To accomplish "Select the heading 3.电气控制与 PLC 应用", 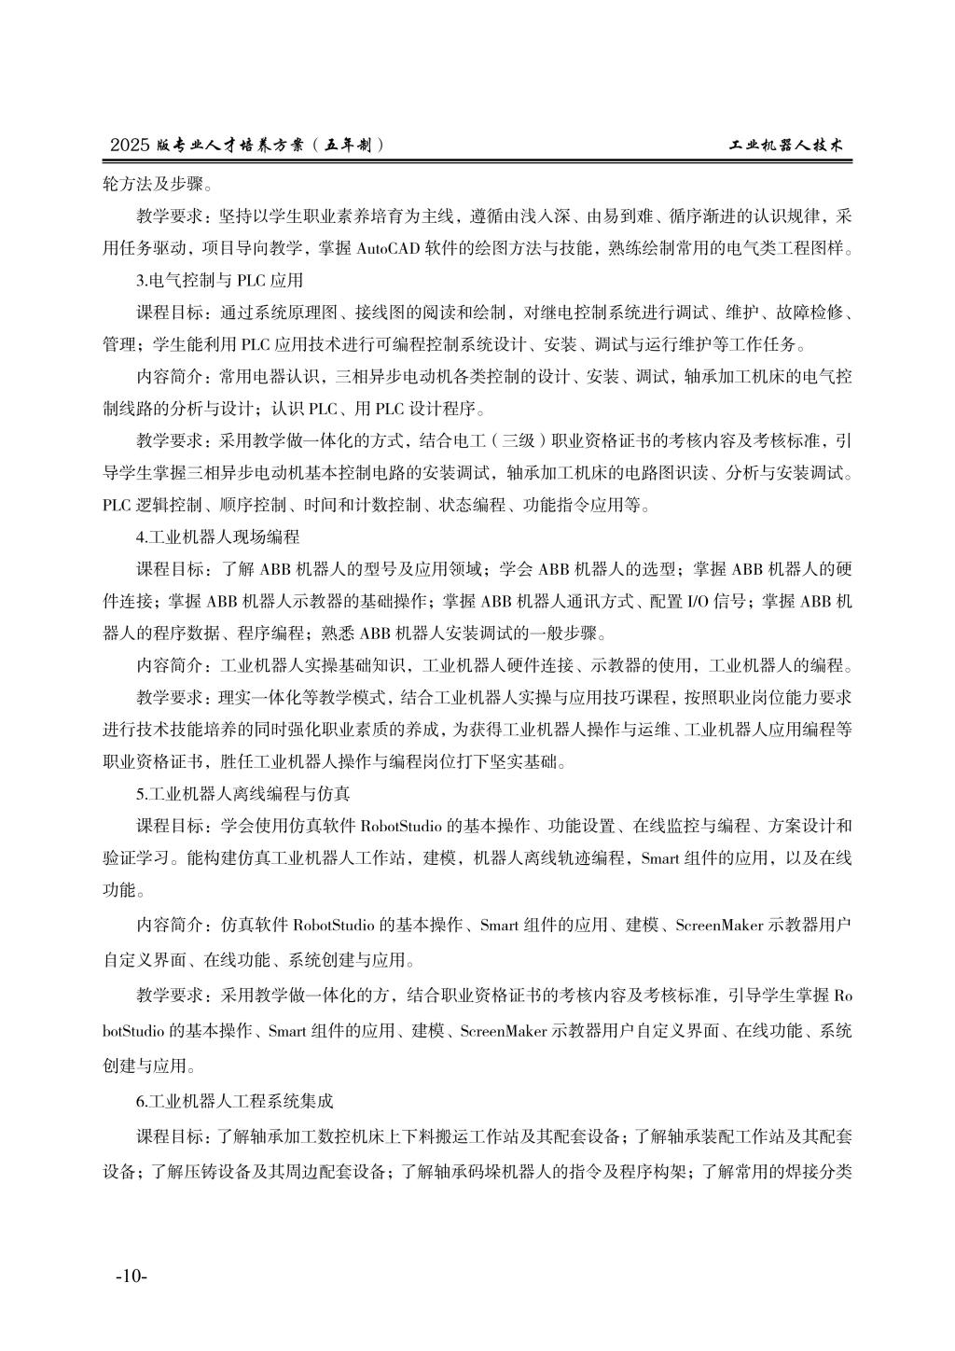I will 220,280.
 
